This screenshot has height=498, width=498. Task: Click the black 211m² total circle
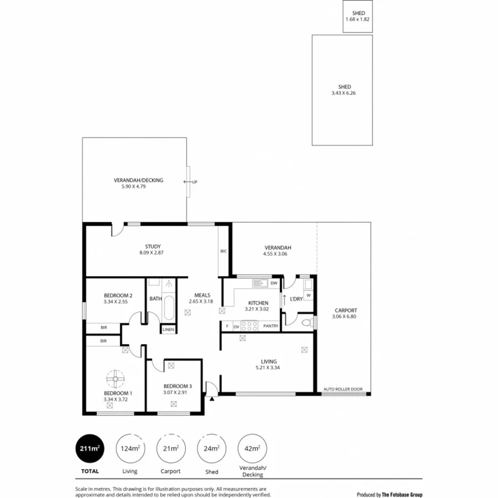pyautogui.click(x=90, y=448)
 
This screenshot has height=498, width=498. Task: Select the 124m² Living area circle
pyautogui.click(x=129, y=448)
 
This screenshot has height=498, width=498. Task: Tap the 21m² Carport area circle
pyautogui.click(x=170, y=448)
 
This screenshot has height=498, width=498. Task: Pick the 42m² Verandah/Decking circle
pyautogui.click(x=252, y=448)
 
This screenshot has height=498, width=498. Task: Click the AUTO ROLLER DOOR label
pyautogui.click(x=343, y=390)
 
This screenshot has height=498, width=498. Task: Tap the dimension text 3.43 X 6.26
pyautogui.click(x=341, y=94)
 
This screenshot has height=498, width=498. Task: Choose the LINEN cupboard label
pyautogui.click(x=169, y=330)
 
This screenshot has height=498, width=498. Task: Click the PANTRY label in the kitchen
pyautogui.click(x=271, y=326)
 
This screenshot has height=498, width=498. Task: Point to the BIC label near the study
pyautogui.click(x=224, y=251)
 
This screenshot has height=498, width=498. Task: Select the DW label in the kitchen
pyautogui.click(x=273, y=283)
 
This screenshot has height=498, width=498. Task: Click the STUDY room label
pyautogui.click(x=152, y=247)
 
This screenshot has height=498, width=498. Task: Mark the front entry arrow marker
pyautogui.click(x=211, y=397)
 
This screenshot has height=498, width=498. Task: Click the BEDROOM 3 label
pyautogui.click(x=177, y=386)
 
